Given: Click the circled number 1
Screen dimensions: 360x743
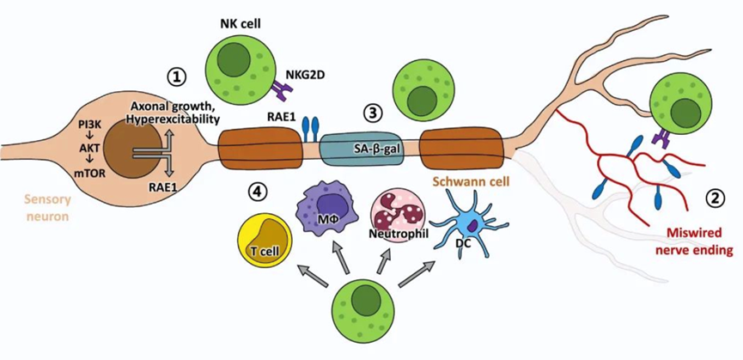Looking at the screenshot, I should (x=177, y=77).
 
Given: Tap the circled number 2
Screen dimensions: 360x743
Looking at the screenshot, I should (x=713, y=197).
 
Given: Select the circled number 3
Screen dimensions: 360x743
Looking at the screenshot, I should (x=372, y=113).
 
